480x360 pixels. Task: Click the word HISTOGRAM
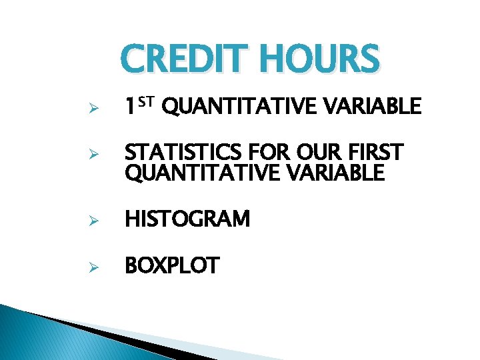coord(187,219)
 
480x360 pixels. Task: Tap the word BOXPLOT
coord(171,266)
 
